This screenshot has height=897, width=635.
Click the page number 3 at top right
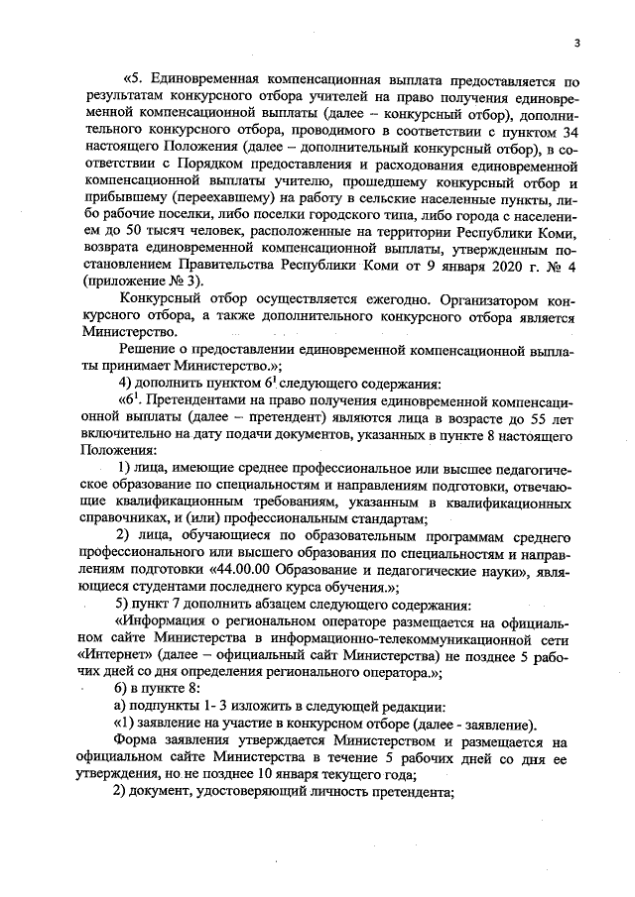pos(576,41)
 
